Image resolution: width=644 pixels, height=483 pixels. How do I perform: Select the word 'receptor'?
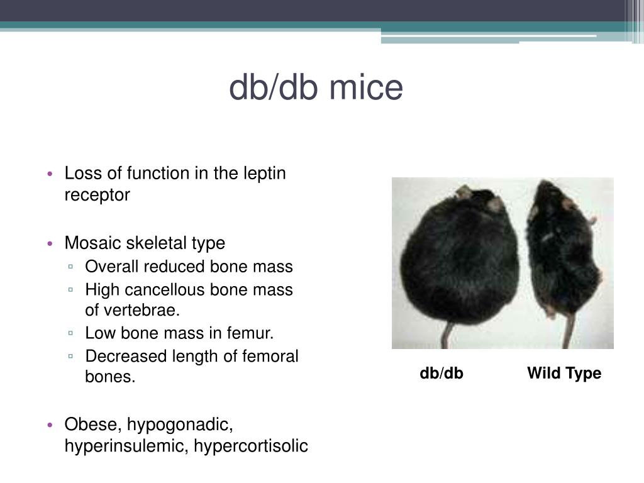pyautogui.click(x=97, y=195)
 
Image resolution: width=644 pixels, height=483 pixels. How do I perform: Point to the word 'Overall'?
pyautogui.click(x=112, y=267)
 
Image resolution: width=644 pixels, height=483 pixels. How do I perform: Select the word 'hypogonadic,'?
pyautogui.click(x=180, y=425)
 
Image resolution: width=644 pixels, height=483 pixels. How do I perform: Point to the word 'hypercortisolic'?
pyautogui.click(x=251, y=447)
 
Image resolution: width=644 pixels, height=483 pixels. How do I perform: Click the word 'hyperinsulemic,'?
pyautogui.click(x=126, y=447)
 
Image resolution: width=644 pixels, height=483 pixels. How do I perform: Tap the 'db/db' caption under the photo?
pyautogui.click(x=441, y=374)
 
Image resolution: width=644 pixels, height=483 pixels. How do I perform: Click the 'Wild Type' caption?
pyautogui.click(x=564, y=374)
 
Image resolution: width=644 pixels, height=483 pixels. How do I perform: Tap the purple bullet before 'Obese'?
pyautogui.click(x=51, y=426)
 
